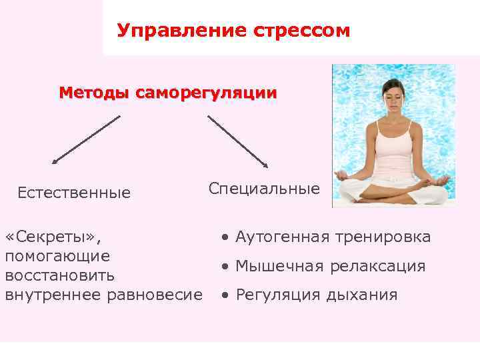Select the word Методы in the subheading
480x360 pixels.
pos(95,93)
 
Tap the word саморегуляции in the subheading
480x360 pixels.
pos(206,93)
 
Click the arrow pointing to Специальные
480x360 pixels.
pos(237,141)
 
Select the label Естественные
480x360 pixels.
pos(74,193)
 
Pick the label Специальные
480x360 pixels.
pos(264,189)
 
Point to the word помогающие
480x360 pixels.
pos(58,256)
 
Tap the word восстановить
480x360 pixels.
pos(60,275)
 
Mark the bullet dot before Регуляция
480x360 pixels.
pos(227,295)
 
